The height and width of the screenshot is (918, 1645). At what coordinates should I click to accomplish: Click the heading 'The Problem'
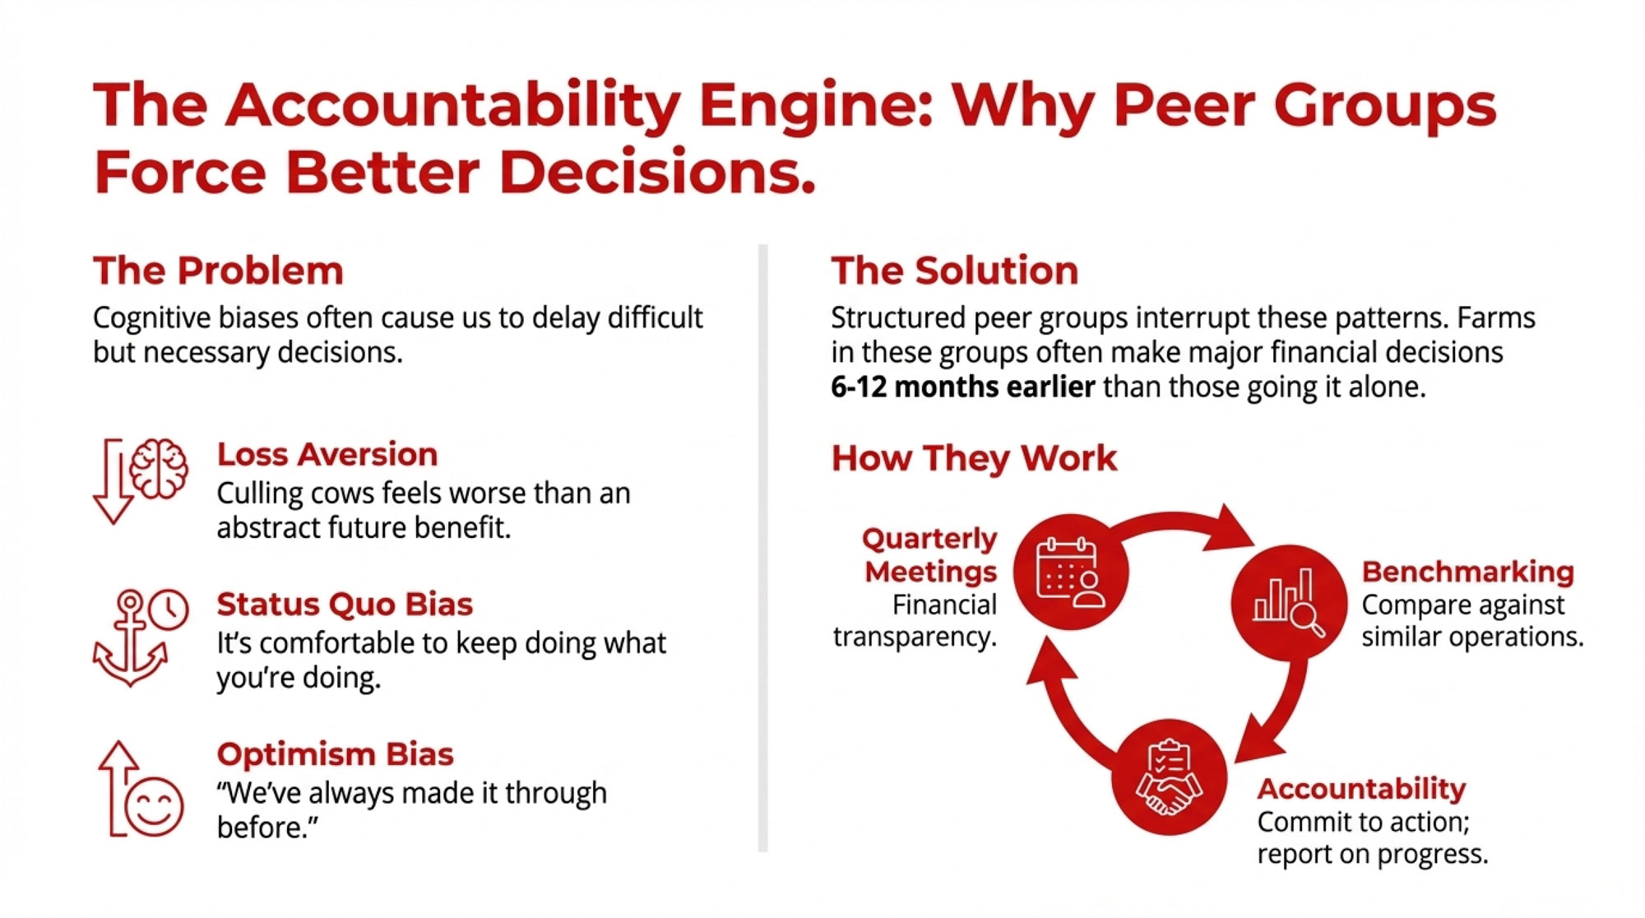click(x=218, y=271)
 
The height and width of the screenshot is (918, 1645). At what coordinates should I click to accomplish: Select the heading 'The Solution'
click(x=954, y=271)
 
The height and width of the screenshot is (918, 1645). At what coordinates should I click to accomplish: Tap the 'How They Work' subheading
click(x=974, y=458)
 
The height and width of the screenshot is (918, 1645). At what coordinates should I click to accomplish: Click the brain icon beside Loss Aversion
click(x=159, y=468)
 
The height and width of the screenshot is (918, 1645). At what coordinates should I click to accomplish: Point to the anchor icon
click(x=130, y=639)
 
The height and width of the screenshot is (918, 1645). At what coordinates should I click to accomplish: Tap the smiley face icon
click(x=154, y=806)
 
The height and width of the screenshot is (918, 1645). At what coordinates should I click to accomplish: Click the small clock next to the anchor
click(x=169, y=610)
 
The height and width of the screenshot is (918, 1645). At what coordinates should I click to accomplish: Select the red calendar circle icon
click(x=1070, y=572)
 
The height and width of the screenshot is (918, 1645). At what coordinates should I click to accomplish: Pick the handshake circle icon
click(x=1169, y=777)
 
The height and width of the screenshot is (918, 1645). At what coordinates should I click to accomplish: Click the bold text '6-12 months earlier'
click(x=962, y=387)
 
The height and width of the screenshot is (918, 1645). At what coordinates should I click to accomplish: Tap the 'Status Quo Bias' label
click(x=345, y=605)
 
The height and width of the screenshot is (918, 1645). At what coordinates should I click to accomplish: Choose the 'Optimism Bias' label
click(x=335, y=754)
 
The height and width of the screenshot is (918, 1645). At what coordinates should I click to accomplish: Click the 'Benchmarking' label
click(x=1467, y=572)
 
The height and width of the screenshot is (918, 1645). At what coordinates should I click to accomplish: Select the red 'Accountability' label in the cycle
click(x=1361, y=789)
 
